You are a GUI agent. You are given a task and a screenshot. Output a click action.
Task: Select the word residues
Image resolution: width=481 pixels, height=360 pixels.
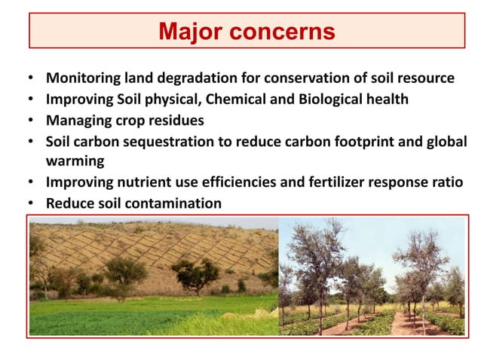[175, 121]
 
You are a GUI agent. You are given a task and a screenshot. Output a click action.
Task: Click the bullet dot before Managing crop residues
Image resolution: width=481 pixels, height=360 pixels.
[30, 121]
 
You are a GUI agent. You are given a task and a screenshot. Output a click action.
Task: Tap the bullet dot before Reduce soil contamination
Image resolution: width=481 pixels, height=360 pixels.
[30, 204]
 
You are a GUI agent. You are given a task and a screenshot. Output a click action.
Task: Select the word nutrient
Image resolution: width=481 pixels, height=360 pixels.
[142, 182]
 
